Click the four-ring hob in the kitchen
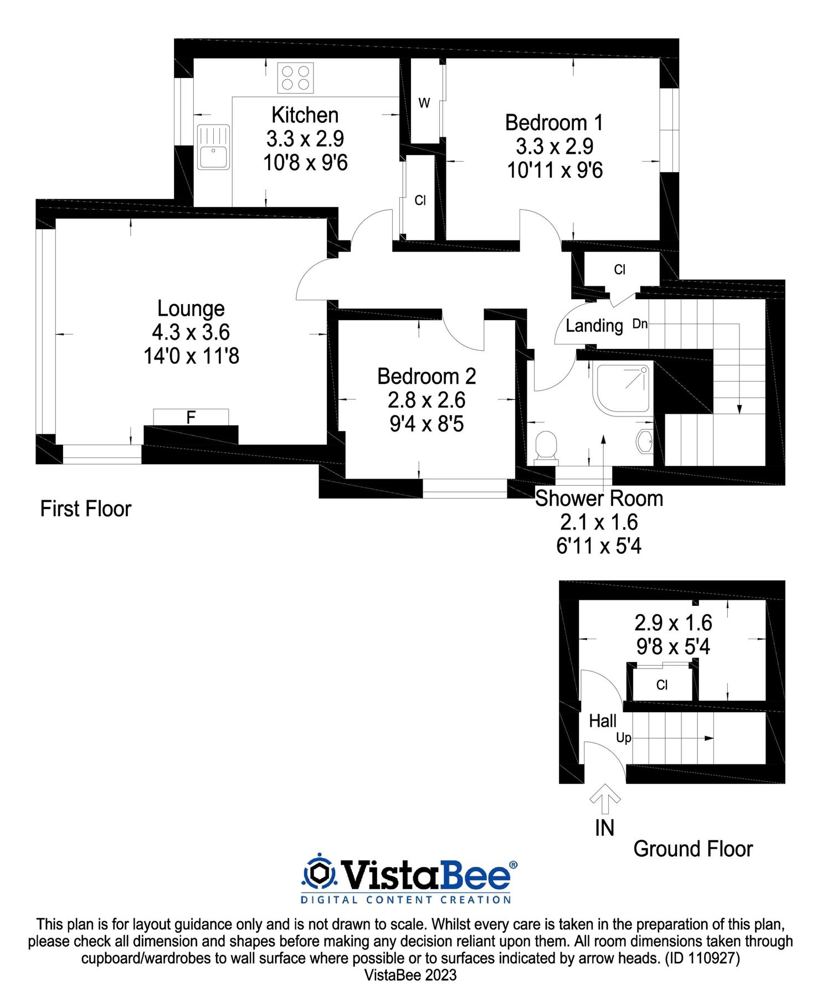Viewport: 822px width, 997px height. click(x=295, y=78)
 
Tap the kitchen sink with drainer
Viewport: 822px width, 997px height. click(x=213, y=147)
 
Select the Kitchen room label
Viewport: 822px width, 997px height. click(x=305, y=115)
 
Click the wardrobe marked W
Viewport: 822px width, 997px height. click(x=424, y=103)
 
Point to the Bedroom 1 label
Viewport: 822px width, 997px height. click(x=553, y=122)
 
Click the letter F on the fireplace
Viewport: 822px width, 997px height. click(x=191, y=418)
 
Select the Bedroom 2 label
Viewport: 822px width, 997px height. click(x=427, y=377)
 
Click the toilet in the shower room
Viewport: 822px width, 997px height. click(x=546, y=446)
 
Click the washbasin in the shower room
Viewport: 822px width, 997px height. click(x=644, y=441)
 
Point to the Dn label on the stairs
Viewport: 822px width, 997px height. click(x=640, y=324)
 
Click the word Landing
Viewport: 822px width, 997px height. click(x=594, y=326)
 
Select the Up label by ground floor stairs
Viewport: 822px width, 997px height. click(x=624, y=738)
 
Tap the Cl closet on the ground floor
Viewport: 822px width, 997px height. click(x=662, y=685)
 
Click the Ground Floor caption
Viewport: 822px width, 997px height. click(x=693, y=849)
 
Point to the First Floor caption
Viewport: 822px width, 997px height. click(x=86, y=509)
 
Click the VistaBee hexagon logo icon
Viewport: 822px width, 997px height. click(x=319, y=873)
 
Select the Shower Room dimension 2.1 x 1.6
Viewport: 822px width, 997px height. click(x=599, y=522)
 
